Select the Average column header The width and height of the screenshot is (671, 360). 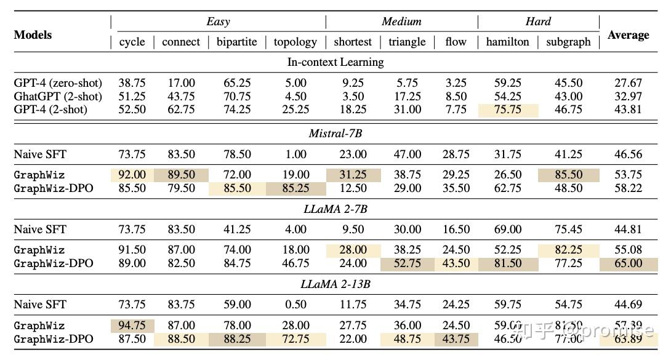click(x=628, y=35)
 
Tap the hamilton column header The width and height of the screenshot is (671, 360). click(x=507, y=42)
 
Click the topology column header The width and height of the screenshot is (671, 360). click(x=295, y=42)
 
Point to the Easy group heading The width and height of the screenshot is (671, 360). click(x=218, y=22)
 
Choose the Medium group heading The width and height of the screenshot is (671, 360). click(x=401, y=22)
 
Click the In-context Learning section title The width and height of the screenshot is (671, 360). click(x=335, y=62)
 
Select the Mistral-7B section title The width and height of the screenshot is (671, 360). click(x=335, y=133)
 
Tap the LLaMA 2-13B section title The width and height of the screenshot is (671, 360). click(x=335, y=284)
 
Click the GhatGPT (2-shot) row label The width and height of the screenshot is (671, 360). click(x=58, y=96)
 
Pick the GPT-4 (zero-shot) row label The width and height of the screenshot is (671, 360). click(x=58, y=82)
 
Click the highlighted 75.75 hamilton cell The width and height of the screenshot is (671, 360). click(x=507, y=110)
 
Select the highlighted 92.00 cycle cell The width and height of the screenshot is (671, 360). click(x=132, y=175)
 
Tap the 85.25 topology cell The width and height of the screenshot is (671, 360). click(x=295, y=188)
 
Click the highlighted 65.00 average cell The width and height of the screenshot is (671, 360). click(x=628, y=263)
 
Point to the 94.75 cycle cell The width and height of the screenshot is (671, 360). click(x=132, y=326)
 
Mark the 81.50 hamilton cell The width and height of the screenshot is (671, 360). click(x=507, y=263)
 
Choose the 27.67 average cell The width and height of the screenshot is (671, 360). click(x=628, y=82)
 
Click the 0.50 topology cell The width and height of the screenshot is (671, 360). click(x=295, y=304)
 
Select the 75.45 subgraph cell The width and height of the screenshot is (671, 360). click(x=568, y=229)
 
